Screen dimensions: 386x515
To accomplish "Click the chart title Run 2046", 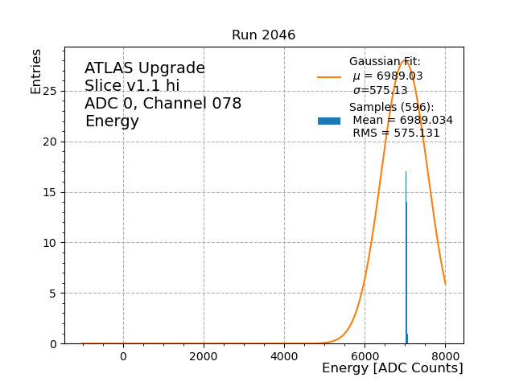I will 263,35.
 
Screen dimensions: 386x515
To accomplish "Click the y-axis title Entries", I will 36,72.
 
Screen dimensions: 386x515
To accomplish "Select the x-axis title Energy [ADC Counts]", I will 392,368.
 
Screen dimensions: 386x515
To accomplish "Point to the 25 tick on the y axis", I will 51,92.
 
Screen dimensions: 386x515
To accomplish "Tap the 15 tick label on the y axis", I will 51,192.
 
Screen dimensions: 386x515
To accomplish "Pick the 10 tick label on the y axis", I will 51,243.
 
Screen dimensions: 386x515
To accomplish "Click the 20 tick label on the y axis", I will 51,142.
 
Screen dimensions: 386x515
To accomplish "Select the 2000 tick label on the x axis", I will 204,356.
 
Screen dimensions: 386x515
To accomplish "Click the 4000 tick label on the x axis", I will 284,356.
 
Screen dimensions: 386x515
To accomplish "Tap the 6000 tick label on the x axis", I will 365,356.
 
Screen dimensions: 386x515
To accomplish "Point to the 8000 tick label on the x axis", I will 445,356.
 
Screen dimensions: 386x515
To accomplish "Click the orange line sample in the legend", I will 329,77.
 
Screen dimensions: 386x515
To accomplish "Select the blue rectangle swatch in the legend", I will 329,121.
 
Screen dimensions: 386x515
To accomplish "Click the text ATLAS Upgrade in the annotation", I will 145,68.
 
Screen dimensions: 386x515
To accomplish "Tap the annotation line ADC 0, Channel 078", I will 163,104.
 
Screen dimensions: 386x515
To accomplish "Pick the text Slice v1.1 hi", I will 132,86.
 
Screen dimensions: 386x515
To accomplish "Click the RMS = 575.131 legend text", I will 396,133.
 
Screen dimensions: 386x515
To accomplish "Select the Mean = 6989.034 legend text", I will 402,121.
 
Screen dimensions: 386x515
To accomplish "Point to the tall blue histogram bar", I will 406,257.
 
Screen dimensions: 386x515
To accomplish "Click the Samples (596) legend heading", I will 391,108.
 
